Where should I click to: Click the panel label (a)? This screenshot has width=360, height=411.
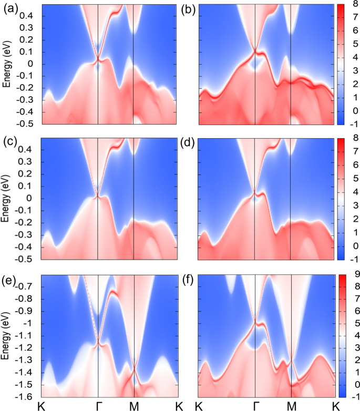pos(11,9)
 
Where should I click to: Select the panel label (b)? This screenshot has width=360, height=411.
pos(189,9)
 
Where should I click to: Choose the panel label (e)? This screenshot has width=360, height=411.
pos(11,278)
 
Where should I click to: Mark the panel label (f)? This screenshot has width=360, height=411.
pos(189,278)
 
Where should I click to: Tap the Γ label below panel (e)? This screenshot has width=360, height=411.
pos(98,406)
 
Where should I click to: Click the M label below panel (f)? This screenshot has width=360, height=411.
pos(291,406)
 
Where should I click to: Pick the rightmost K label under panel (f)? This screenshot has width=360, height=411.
pos(334,406)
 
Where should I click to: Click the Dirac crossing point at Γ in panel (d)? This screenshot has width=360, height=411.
pos(254,194)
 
